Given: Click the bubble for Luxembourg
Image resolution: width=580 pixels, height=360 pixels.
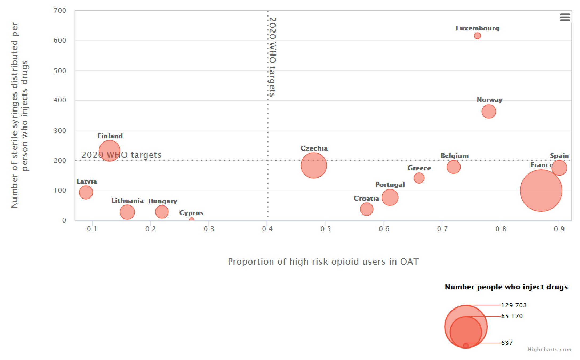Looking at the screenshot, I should pos(477,36).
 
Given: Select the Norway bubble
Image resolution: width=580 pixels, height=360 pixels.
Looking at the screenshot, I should pos(489,112).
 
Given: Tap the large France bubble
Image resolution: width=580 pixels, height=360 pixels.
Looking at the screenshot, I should pos(541,191).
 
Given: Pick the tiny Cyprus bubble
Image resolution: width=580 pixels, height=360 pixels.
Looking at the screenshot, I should pos(191,220).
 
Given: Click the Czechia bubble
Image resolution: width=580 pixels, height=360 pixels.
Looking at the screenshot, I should pos(314,165).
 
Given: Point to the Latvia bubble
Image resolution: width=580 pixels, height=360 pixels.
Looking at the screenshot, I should pos(86,192).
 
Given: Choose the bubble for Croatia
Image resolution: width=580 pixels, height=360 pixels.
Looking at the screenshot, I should pos(366,209).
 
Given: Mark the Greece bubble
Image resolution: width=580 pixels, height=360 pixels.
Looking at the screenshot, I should pos(419,178).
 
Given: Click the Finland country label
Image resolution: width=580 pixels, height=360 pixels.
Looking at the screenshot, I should pos(110,136).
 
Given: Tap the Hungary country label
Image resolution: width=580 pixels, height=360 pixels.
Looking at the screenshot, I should pos(162,201).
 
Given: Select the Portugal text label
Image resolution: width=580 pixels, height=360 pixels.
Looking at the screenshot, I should pos(390,185).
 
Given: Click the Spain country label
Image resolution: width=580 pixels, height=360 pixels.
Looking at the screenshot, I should pos(559,156).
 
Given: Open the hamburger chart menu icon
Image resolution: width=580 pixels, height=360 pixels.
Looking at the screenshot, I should pos(565,17).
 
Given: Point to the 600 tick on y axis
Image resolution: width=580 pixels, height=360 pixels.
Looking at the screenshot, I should pos(60,41).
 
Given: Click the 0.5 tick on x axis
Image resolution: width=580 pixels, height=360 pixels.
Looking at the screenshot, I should pos(326,229).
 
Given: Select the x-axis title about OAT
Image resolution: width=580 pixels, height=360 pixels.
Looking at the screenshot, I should pos(323,262).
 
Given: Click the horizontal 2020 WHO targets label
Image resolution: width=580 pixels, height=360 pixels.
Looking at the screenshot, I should pos(121,155).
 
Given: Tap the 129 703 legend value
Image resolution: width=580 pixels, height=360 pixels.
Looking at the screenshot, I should pos(514,305).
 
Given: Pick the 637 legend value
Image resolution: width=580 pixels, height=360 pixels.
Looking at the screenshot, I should pos(507,343).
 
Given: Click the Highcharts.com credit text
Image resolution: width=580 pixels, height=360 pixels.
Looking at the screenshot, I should pos(549,350).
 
